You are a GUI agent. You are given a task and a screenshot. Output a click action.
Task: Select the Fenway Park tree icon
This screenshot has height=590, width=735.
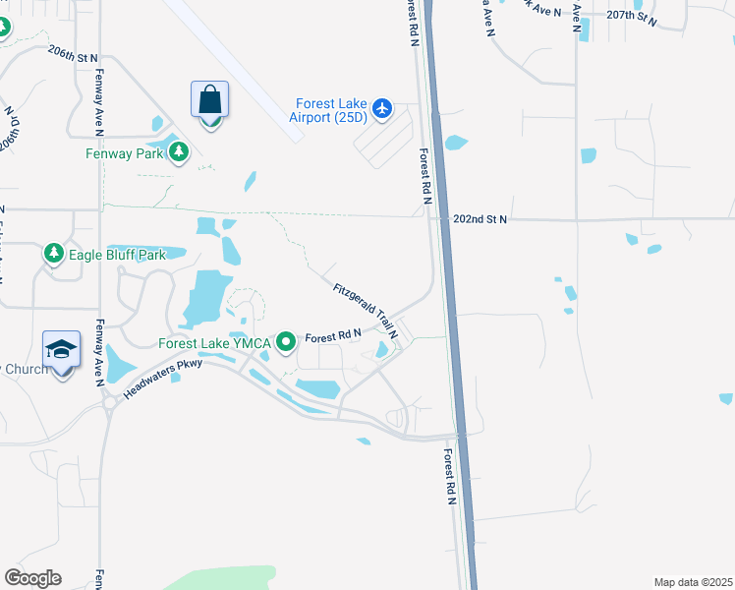[179, 152]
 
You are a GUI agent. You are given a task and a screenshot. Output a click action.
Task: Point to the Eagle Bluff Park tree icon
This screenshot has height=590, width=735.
[54, 255]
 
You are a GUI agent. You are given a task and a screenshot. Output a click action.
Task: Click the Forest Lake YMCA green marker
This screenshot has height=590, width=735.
[286, 343]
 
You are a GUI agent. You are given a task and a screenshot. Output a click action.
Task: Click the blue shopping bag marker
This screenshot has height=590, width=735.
[209, 100]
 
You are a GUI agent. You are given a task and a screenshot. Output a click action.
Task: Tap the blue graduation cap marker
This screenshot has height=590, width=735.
[61, 350]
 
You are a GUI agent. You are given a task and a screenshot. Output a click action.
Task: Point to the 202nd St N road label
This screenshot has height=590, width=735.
[480, 219]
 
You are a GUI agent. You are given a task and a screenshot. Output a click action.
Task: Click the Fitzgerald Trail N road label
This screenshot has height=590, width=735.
[365, 311]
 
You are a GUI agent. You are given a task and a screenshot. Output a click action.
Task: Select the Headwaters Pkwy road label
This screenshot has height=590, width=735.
[163, 377]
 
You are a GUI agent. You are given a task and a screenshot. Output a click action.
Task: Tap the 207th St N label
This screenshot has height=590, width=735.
[631, 16]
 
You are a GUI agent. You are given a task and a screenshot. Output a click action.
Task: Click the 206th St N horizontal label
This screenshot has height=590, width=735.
[73, 58]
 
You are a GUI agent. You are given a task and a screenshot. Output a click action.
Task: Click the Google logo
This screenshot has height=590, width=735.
[32, 578]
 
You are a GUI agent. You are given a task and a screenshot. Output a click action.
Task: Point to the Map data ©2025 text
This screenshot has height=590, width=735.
[693, 582]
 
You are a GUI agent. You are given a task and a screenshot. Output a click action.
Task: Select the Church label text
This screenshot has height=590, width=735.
[25, 369]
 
